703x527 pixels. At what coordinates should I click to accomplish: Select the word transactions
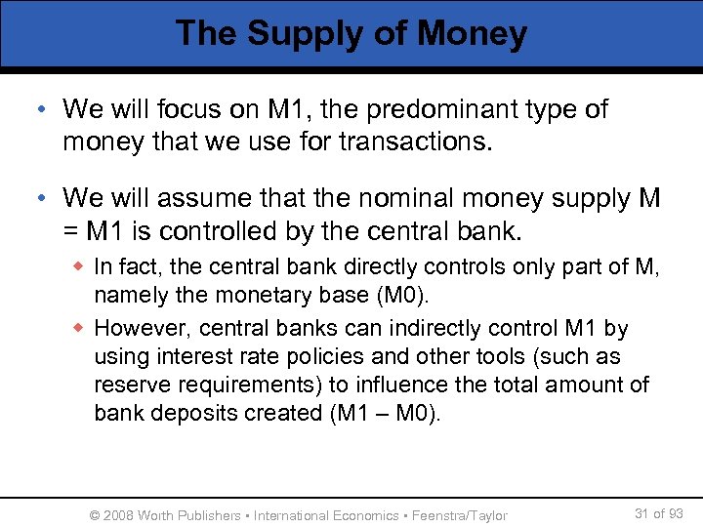coord(424,142)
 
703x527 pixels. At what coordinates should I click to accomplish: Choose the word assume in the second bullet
coord(194,200)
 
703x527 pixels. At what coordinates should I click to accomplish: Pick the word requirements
coord(222,385)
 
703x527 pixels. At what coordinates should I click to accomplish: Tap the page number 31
coord(641,513)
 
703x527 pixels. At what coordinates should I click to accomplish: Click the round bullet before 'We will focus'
coord(46,110)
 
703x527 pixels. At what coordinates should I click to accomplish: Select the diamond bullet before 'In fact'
coord(81,264)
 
